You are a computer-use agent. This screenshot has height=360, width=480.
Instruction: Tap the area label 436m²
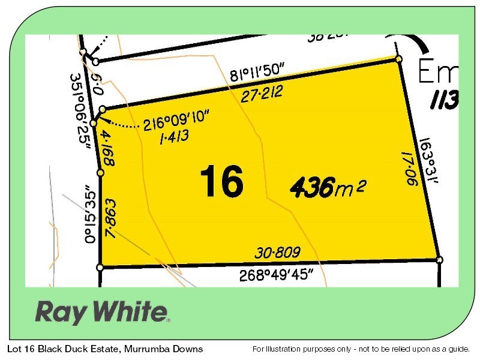(x=328, y=188)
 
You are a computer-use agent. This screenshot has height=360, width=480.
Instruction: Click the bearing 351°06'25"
(x=82, y=112)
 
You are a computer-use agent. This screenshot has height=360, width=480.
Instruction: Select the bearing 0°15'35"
(x=89, y=213)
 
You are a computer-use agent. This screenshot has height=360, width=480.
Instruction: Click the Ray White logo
(x=102, y=311)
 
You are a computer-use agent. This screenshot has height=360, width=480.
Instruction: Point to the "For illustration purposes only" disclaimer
(x=363, y=349)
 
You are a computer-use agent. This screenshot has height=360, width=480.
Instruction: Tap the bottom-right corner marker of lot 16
(x=439, y=260)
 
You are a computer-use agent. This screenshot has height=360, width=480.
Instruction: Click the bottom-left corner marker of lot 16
(x=100, y=267)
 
